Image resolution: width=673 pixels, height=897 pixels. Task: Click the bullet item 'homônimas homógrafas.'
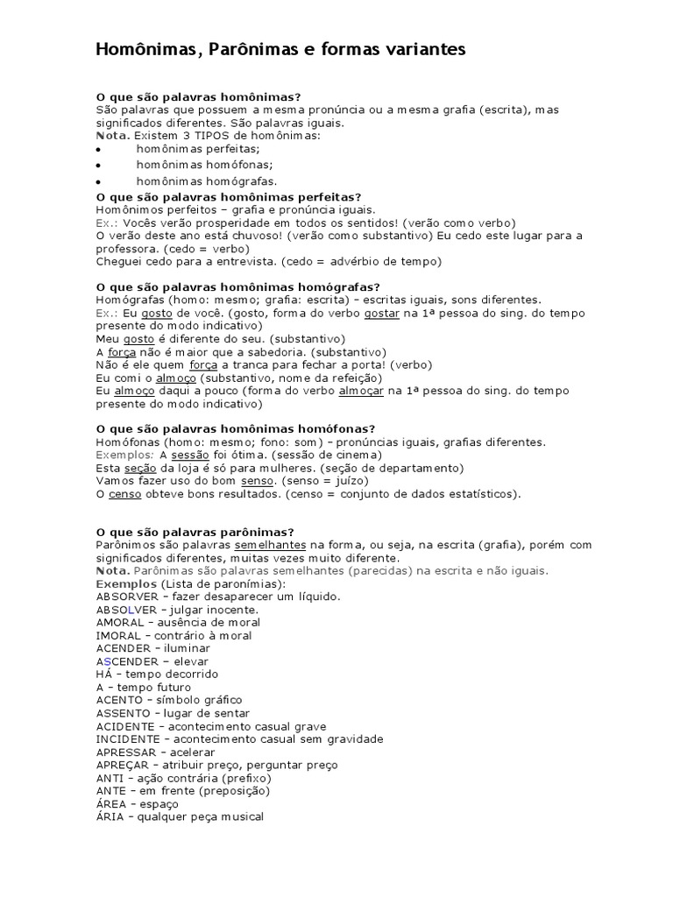[207, 181]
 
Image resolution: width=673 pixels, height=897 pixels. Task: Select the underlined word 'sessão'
[189, 456]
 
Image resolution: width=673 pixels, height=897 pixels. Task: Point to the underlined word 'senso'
[258, 481]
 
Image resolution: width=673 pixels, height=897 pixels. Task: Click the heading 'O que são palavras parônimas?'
[195, 532]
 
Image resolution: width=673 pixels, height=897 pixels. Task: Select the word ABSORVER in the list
[126, 597]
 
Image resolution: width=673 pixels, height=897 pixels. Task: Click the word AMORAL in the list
[119, 622]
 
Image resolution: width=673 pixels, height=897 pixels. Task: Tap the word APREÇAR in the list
[126, 765]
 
